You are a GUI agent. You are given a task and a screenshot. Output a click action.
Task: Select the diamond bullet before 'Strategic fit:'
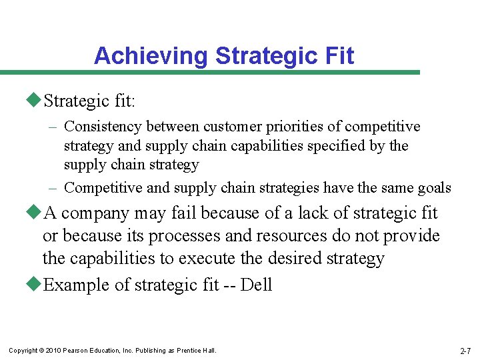click(35, 101)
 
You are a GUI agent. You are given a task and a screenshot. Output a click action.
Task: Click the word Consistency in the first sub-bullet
click(104, 127)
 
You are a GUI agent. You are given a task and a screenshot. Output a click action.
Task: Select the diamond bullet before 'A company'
click(35, 213)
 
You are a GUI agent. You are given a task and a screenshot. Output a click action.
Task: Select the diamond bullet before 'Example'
click(35, 285)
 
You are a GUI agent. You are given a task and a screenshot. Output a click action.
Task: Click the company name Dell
click(256, 285)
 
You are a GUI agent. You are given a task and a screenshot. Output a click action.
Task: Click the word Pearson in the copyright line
click(79, 351)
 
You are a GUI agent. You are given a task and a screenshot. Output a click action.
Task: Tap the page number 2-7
click(466, 351)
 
